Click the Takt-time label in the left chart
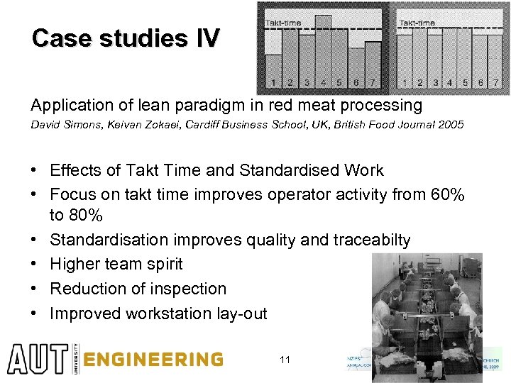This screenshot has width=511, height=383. [283, 23]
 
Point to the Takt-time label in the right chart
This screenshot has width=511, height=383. [417, 23]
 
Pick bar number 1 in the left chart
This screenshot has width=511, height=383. [274, 71]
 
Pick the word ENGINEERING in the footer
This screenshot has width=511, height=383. [153, 360]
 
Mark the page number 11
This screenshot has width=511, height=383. [285, 360]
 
